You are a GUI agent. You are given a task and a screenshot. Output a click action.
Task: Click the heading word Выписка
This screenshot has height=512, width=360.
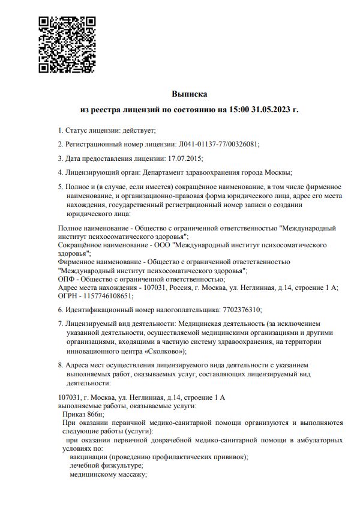click(x=190, y=94)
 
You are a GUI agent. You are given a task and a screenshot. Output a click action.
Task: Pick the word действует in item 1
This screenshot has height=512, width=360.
click(x=139, y=130)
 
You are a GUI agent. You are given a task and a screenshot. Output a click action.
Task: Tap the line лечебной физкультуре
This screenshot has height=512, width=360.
click(x=106, y=466)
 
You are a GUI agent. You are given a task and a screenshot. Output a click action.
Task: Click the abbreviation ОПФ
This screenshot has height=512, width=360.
click(x=65, y=279)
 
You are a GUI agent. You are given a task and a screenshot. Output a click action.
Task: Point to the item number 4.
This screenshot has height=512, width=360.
click(x=60, y=173)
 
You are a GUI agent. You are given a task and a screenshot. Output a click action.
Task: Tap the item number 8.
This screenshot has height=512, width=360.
click(x=60, y=365)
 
